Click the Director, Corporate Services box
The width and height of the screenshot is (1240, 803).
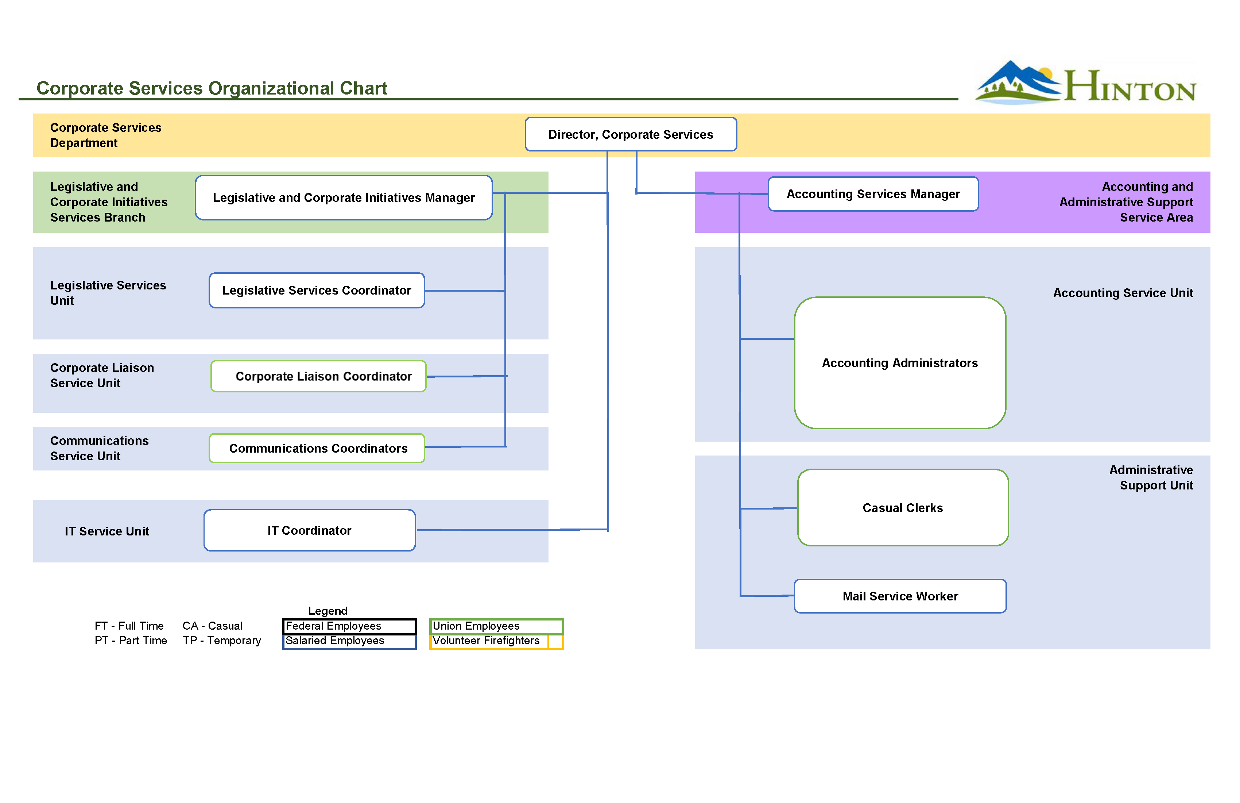tap(631, 135)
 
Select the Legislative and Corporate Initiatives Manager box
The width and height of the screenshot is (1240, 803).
tap(344, 197)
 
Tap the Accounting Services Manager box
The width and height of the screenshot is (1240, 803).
tap(873, 194)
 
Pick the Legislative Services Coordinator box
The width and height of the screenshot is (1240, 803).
tap(317, 291)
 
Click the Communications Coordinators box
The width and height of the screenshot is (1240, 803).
tap(317, 449)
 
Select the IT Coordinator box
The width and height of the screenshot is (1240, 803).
tap(310, 530)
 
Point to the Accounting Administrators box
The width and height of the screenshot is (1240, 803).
tap(900, 363)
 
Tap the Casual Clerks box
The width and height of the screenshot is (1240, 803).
tap(903, 508)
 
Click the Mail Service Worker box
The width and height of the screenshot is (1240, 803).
tap(900, 596)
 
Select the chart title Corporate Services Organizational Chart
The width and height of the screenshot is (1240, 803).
tap(212, 88)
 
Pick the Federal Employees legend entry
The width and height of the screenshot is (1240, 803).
tap(349, 626)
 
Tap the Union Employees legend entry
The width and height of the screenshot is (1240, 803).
tap(496, 626)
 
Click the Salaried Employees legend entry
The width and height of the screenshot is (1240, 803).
tap(349, 641)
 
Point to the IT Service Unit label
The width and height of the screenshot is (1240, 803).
tap(107, 531)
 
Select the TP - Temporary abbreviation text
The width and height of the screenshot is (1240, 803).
tap(221, 641)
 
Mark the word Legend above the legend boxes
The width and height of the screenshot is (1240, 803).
tap(328, 611)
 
